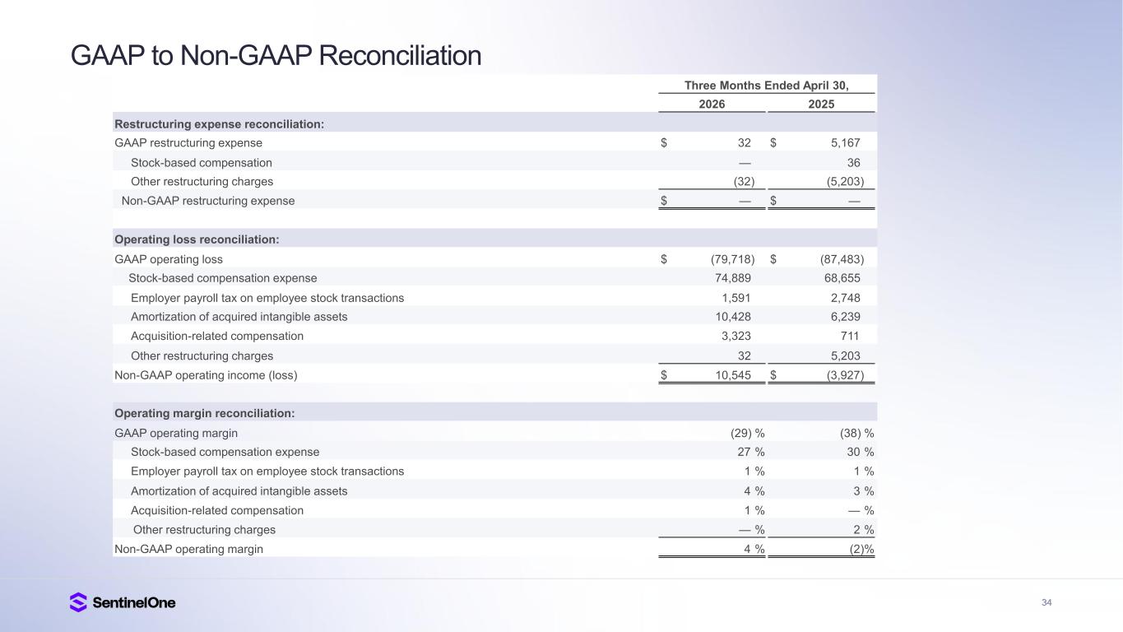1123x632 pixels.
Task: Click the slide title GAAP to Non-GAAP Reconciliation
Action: (x=276, y=55)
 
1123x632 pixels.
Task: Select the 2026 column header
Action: (x=712, y=104)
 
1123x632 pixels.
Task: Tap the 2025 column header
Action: (x=821, y=104)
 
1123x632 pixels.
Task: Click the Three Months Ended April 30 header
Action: (x=767, y=86)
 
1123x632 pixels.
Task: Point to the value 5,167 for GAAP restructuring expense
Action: (x=845, y=143)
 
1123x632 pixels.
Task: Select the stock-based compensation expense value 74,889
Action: (x=733, y=278)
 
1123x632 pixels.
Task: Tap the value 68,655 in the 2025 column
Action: (x=842, y=278)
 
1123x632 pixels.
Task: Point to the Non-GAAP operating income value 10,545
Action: (x=733, y=375)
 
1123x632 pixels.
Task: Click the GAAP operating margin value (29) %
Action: (x=748, y=433)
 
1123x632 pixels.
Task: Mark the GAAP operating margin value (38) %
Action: (x=856, y=433)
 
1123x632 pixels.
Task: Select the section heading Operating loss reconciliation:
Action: (x=197, y=239)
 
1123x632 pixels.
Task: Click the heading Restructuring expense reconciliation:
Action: (x=219, y=124)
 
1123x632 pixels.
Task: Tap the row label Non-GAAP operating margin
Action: (x=188, y=549)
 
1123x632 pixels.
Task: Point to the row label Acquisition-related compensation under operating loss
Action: (x=217, y=336)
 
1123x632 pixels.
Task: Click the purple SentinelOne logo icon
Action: (x=78, y=602)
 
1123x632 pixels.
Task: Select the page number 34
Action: (x=1046, y=602)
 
